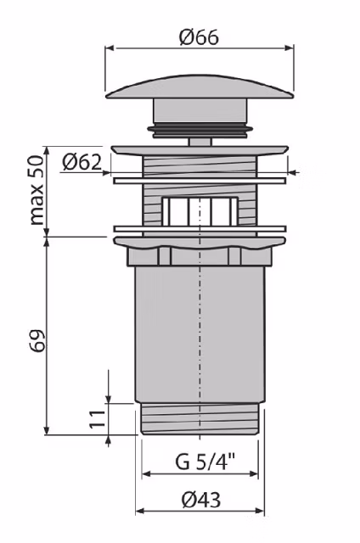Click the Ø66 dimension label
[199, 37]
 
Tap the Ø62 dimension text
[82, 162]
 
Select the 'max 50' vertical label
[37, 190]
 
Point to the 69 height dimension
[37, 341]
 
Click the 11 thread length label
[98, 418]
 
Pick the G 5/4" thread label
[205, 462]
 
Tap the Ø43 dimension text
[201, 500]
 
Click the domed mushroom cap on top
[200, 87]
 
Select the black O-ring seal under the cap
[200, 129]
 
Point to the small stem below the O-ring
[200, 142]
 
